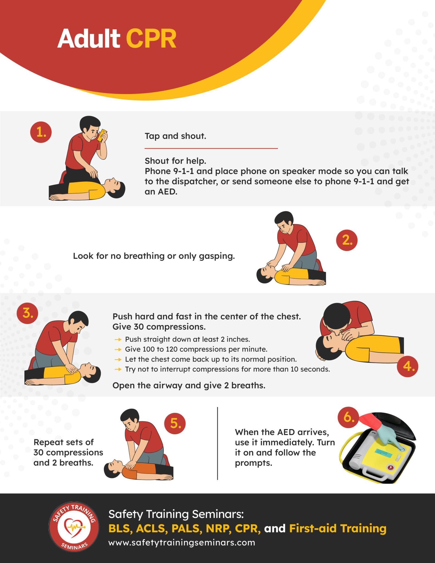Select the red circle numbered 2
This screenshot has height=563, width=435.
click(347, 240)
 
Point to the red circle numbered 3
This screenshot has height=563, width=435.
click(27, 313)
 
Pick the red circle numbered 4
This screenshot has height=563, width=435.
click(408, 366)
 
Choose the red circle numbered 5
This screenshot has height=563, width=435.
click(175, 423)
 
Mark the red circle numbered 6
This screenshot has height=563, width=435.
click(348, 417)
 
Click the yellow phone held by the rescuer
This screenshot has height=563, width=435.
click(102, 135)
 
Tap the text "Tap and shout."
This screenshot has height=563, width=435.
click(175, 136)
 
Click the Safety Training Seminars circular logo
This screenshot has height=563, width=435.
click(74, 526)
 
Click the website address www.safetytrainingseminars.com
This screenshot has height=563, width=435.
click(182, 543)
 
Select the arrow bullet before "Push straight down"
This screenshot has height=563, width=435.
click(118, 340)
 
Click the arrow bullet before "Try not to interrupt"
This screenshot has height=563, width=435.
click(118, 369)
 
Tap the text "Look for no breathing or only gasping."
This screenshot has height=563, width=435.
click(154, 256)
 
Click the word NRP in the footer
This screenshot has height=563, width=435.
click(219, 528)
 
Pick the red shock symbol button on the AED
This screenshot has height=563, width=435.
click(390, 467)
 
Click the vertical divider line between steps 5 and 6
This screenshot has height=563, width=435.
click(217, 443)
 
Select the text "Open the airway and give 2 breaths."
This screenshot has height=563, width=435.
click(189, 385)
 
